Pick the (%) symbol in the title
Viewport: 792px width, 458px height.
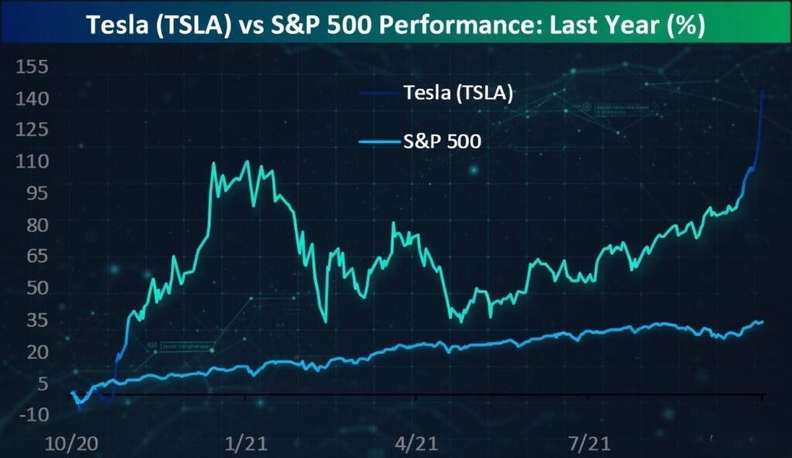(684, 25)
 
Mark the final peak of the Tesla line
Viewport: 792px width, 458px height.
(763, 91)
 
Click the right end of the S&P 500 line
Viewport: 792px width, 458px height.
(763, 322)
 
